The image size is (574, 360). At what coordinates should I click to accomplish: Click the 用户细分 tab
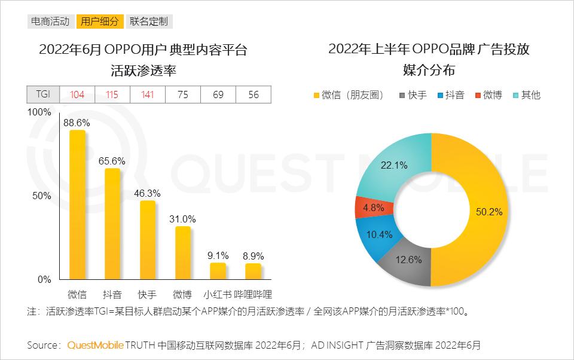coord(100,22)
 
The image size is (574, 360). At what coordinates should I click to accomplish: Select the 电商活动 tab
coord(50,22)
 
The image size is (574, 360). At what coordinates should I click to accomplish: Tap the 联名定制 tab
coord(148,22)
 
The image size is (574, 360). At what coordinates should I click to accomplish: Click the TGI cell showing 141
coord(148,94)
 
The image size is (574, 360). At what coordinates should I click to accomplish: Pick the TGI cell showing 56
coord(254,94)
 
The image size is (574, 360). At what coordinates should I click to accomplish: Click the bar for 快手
coord(148,240)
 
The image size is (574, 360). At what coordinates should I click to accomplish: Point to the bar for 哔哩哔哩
coord(254,271)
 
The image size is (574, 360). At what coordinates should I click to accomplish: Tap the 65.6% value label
coord(112,161)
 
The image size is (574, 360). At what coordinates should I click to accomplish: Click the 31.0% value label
coord(183,219)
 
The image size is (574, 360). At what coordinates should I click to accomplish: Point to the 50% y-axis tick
coord(43,196)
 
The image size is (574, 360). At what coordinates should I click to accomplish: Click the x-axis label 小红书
coord(218,294)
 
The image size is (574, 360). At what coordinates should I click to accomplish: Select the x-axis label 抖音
coord(112,294)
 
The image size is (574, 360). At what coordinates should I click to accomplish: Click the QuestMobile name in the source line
coord(96,345)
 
